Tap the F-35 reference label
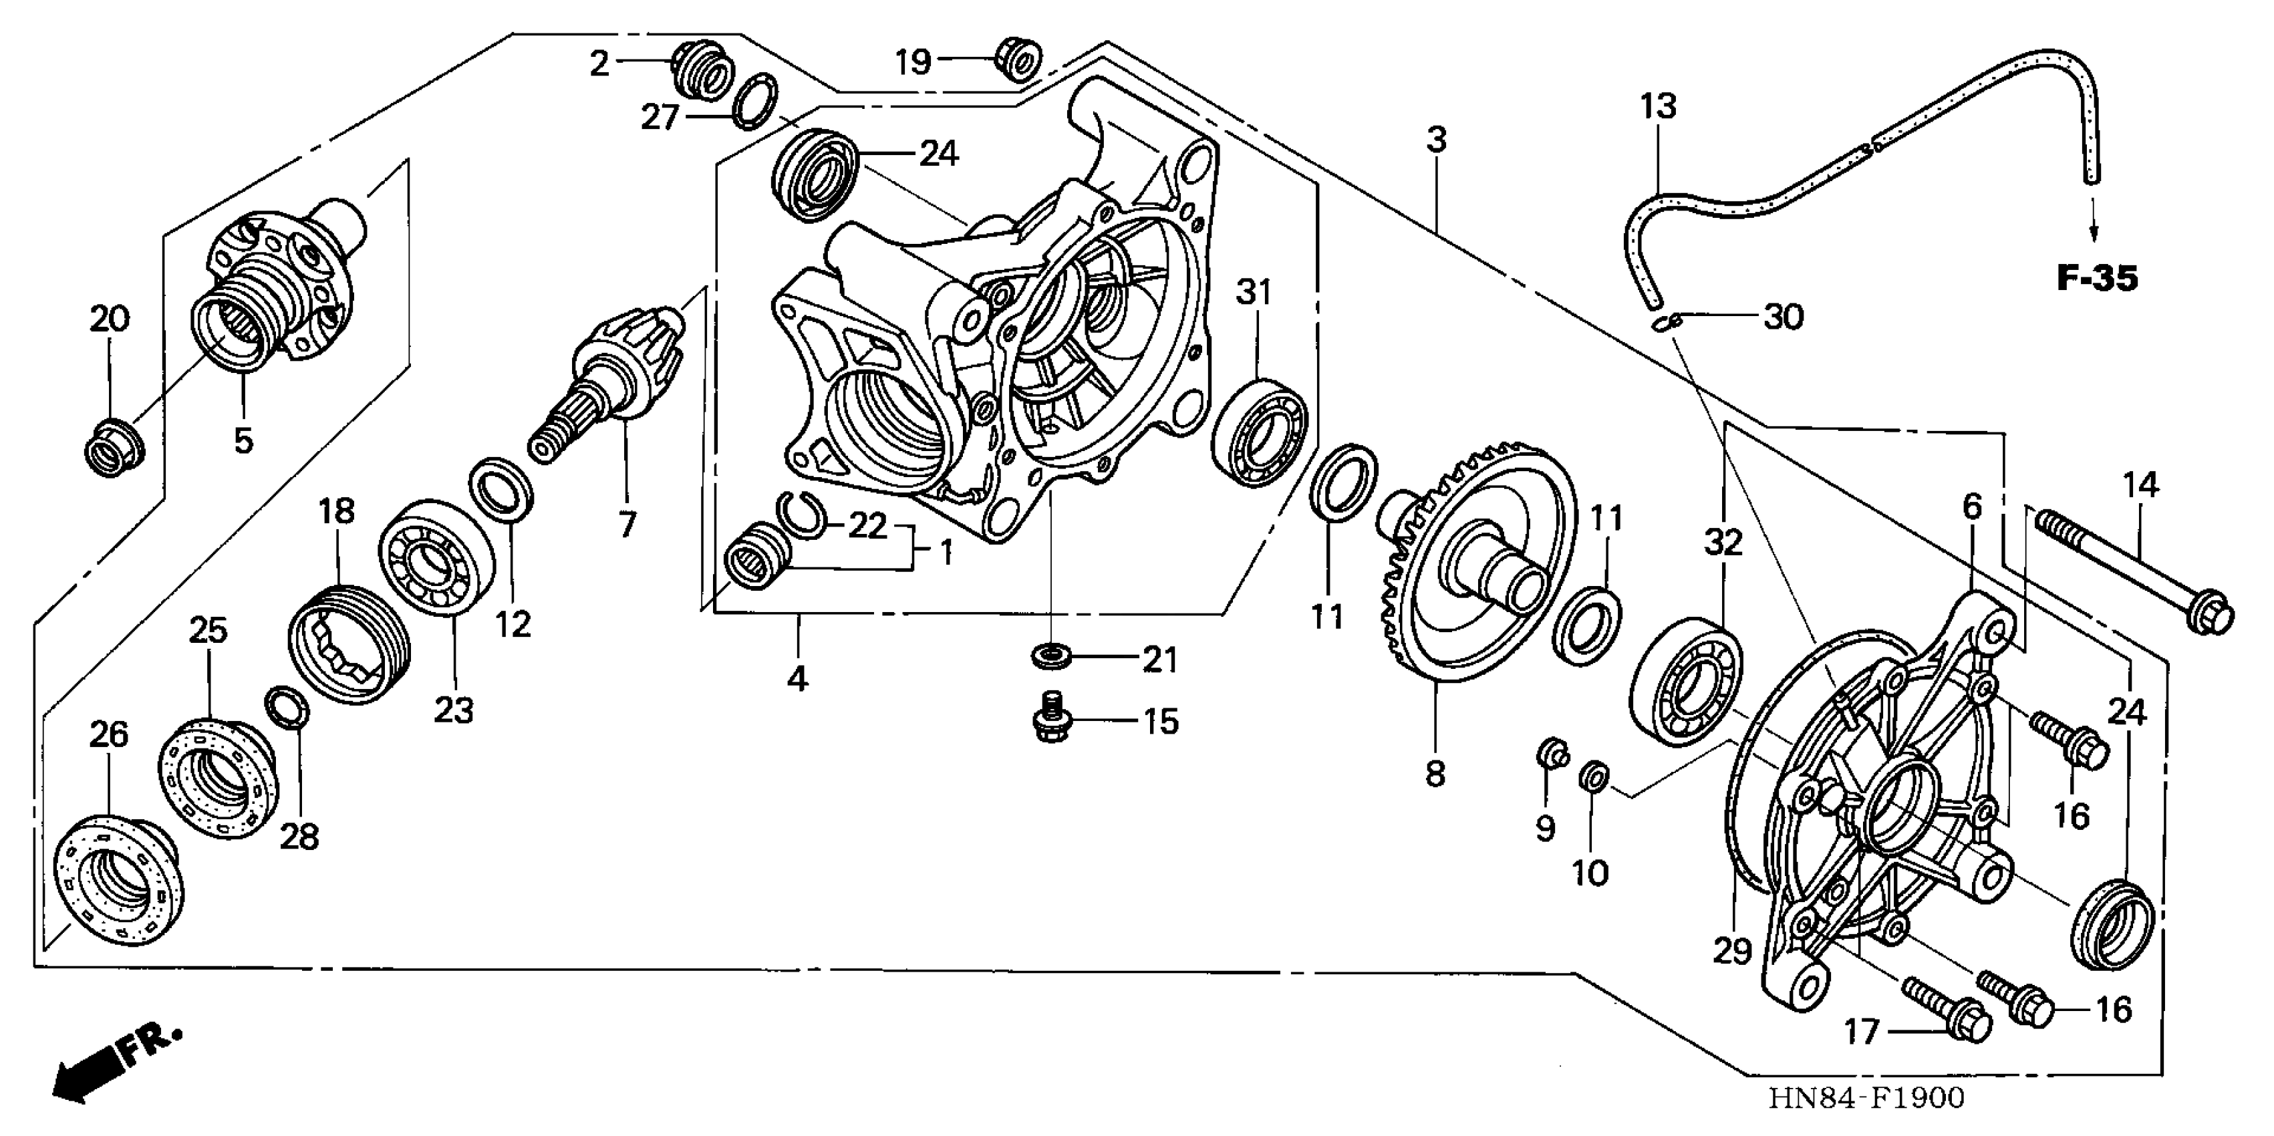tap(2098, 279)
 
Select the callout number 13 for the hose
tap(1658, 108)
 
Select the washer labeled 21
tap(1050, 657)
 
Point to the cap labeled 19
tap(1018, 61)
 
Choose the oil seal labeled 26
tap(119, 883)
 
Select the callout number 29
tap(1732, 952)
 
